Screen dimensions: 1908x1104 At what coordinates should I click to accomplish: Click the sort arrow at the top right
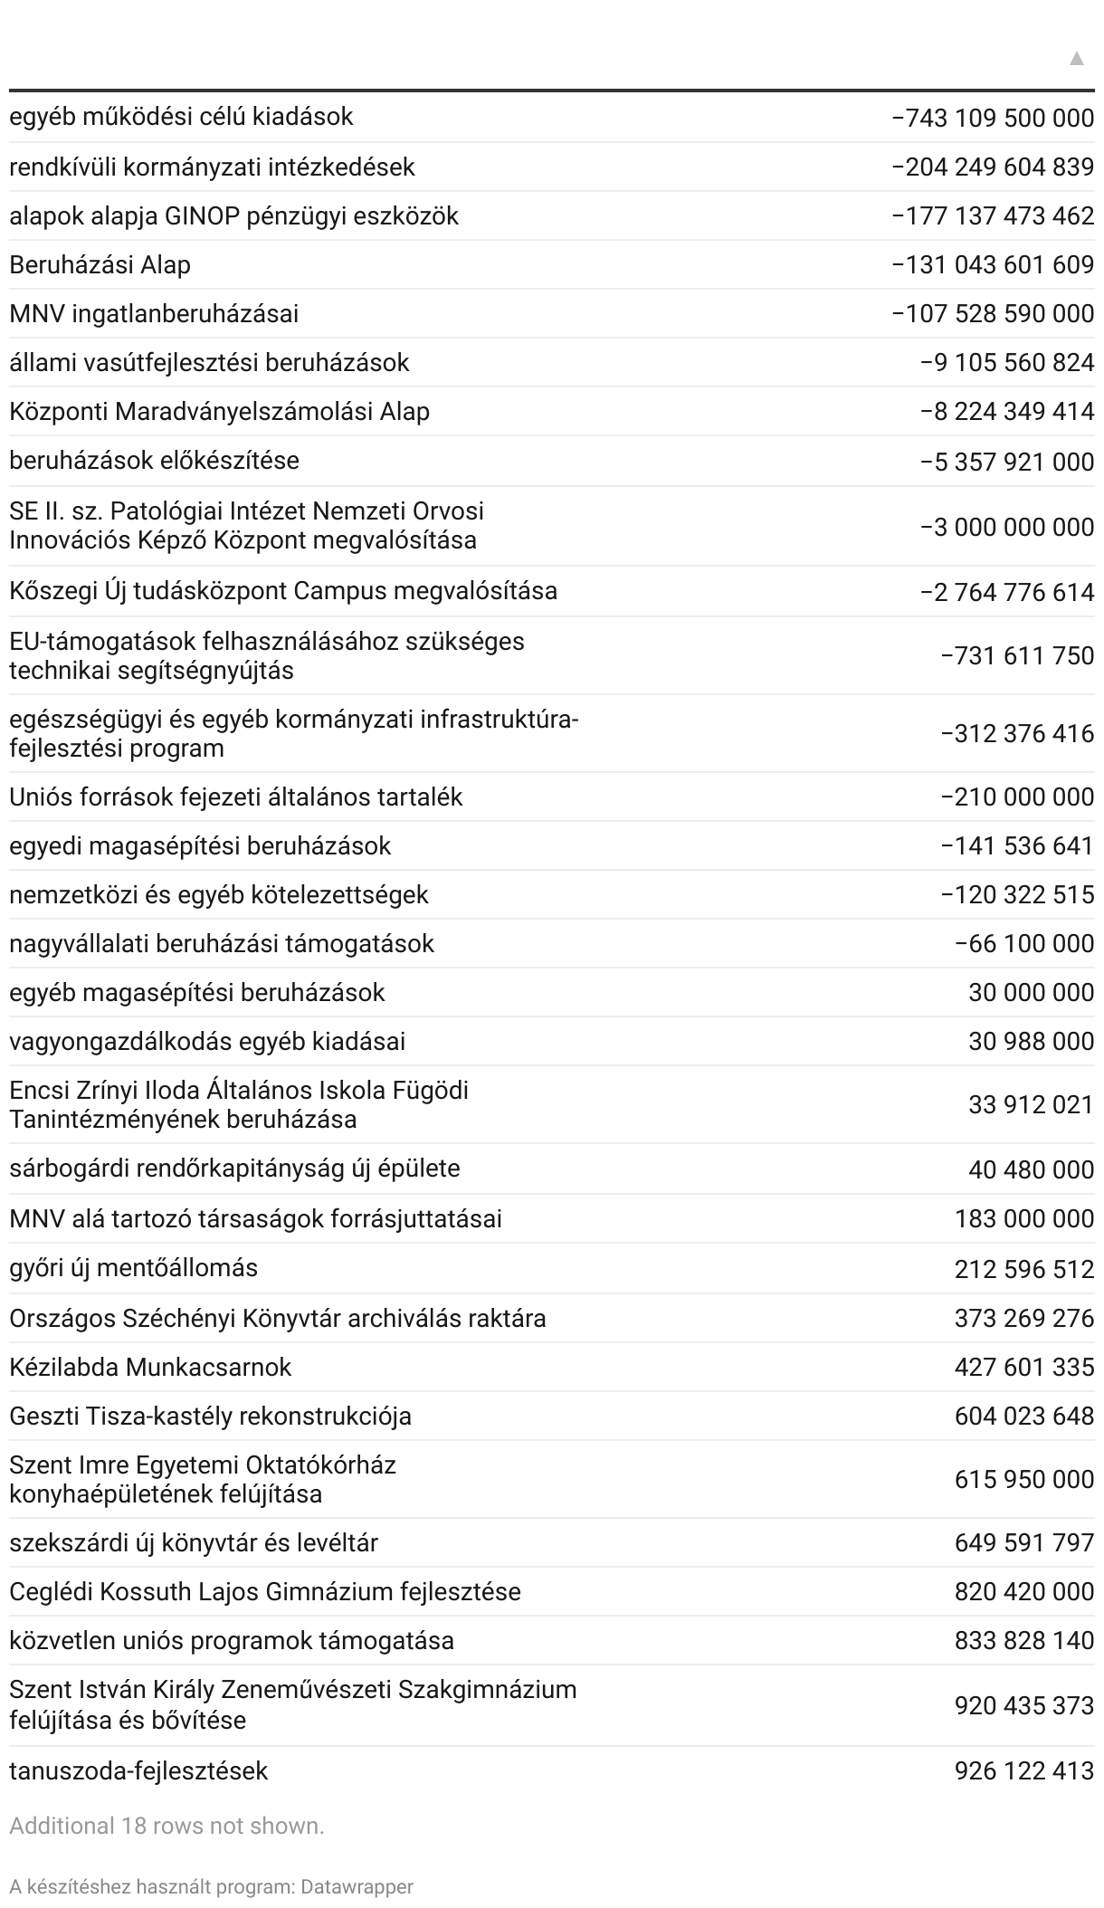point(1076,59)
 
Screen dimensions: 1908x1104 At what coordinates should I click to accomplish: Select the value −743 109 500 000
point(993,118)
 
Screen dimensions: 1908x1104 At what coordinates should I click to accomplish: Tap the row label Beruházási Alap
point(100,265)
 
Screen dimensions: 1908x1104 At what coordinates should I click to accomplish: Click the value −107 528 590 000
point(993,314)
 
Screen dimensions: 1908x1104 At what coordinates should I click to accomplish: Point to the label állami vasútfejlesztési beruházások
point(209,363)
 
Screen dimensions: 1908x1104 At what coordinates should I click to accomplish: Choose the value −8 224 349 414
point(1007,412)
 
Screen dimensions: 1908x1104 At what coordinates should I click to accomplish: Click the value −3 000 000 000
point(1007,527)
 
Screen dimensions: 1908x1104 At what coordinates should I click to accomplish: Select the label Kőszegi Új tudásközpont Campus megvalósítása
point(283,591)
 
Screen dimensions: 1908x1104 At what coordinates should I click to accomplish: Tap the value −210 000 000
point(1017,797)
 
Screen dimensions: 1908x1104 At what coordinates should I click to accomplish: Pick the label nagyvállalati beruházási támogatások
point(222,944)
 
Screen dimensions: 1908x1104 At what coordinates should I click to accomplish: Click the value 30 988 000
point(1031,1042)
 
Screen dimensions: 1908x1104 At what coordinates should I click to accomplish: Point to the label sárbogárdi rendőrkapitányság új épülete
point(234,1169)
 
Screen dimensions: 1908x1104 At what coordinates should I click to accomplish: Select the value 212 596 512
point(1024,1269)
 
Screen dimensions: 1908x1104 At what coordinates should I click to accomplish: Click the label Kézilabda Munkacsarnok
point(150,1367)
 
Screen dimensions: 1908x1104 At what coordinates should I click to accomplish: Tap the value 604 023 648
point(1024,1416)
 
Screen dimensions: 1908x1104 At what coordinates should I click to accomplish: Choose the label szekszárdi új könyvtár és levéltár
point(194,1542)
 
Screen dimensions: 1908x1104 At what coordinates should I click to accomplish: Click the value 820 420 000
point(1024,1591)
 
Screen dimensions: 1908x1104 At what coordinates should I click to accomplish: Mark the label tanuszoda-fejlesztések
point(138,1770)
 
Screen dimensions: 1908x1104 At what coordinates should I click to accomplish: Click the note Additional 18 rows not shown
point(167,1827)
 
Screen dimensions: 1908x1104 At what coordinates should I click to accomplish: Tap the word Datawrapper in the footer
point(357,1887)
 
